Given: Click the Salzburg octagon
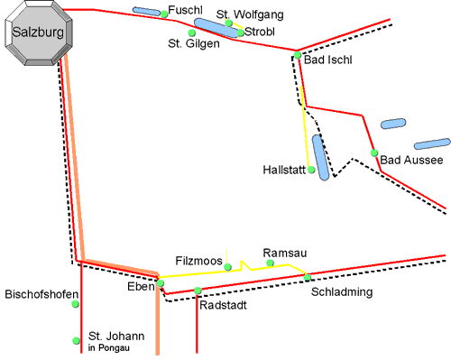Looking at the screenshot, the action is [37, 32].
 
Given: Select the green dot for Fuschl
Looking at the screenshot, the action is [163, 14].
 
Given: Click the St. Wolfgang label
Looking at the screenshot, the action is [249, 14].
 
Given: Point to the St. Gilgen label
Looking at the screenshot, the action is [193, 43].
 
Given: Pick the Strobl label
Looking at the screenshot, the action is [259, 32].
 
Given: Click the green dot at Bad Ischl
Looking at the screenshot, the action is [297, 55].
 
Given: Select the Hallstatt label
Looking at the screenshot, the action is [284, 169].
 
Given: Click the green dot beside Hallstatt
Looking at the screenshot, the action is [311, 169].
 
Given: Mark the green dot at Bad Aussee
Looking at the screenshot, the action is [374, 153].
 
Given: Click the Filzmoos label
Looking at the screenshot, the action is [198, 261].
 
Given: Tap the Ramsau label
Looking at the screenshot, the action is [279, 253].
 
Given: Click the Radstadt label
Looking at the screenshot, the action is [223, 305].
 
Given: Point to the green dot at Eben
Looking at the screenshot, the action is [161, 283].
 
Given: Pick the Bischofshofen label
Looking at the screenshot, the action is [41, 294].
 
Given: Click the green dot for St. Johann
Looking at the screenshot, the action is [75, 339].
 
